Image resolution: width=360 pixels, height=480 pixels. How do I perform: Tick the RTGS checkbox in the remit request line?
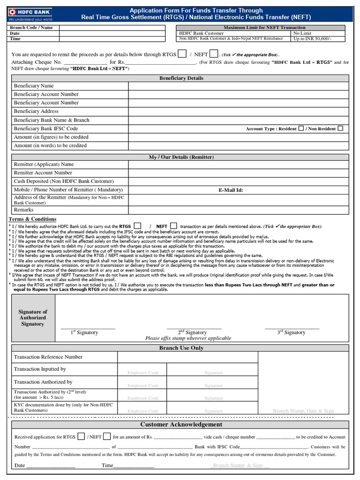click(182, 53)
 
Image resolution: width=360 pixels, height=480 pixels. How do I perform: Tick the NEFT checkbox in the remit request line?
click(213, 53)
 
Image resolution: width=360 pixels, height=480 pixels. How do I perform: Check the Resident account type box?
click(301, 128)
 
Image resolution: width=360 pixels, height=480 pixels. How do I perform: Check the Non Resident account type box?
click(340, 128)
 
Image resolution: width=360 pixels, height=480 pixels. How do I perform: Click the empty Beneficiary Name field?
click(239, 86)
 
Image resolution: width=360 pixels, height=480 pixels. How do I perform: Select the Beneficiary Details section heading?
click(181, 78)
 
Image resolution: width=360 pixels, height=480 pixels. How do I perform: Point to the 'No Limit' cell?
click(302, 33)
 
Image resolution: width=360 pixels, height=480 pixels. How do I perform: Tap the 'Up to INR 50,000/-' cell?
click(312, 38)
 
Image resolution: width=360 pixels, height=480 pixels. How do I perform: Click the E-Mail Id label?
click(231, 190)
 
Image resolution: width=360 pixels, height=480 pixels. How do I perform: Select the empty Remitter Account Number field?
click(239, 172)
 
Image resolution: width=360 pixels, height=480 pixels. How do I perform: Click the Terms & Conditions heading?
click(32, 219)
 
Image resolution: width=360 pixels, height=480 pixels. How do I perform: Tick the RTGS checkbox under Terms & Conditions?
click(137, 226)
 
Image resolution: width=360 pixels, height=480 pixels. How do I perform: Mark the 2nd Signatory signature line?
click(193, 328)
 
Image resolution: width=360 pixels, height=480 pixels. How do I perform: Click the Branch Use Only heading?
click(181, 348)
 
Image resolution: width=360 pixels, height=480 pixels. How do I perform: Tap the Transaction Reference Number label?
click(48, 357)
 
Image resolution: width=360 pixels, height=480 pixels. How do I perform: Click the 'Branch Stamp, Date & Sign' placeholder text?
click(303, 411)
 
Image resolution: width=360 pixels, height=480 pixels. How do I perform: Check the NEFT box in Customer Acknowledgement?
click(107, 436)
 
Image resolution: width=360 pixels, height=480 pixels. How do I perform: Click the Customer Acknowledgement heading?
click(181, 424)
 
